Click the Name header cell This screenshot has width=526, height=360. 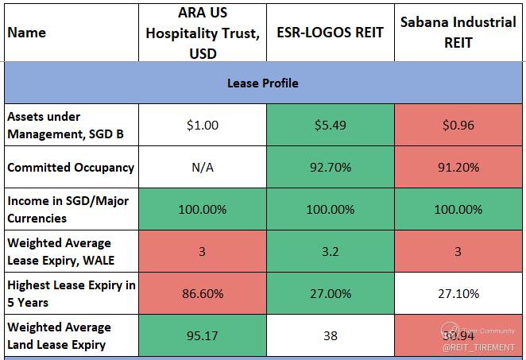click(x=26, y=33)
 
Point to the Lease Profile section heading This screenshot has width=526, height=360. click(x=263, y=83)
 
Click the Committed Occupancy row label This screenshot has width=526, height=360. click(x=71, y=168)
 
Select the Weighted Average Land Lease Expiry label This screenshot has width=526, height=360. click(x=59, y=335)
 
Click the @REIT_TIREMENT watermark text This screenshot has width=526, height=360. click(x=479, y=347)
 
